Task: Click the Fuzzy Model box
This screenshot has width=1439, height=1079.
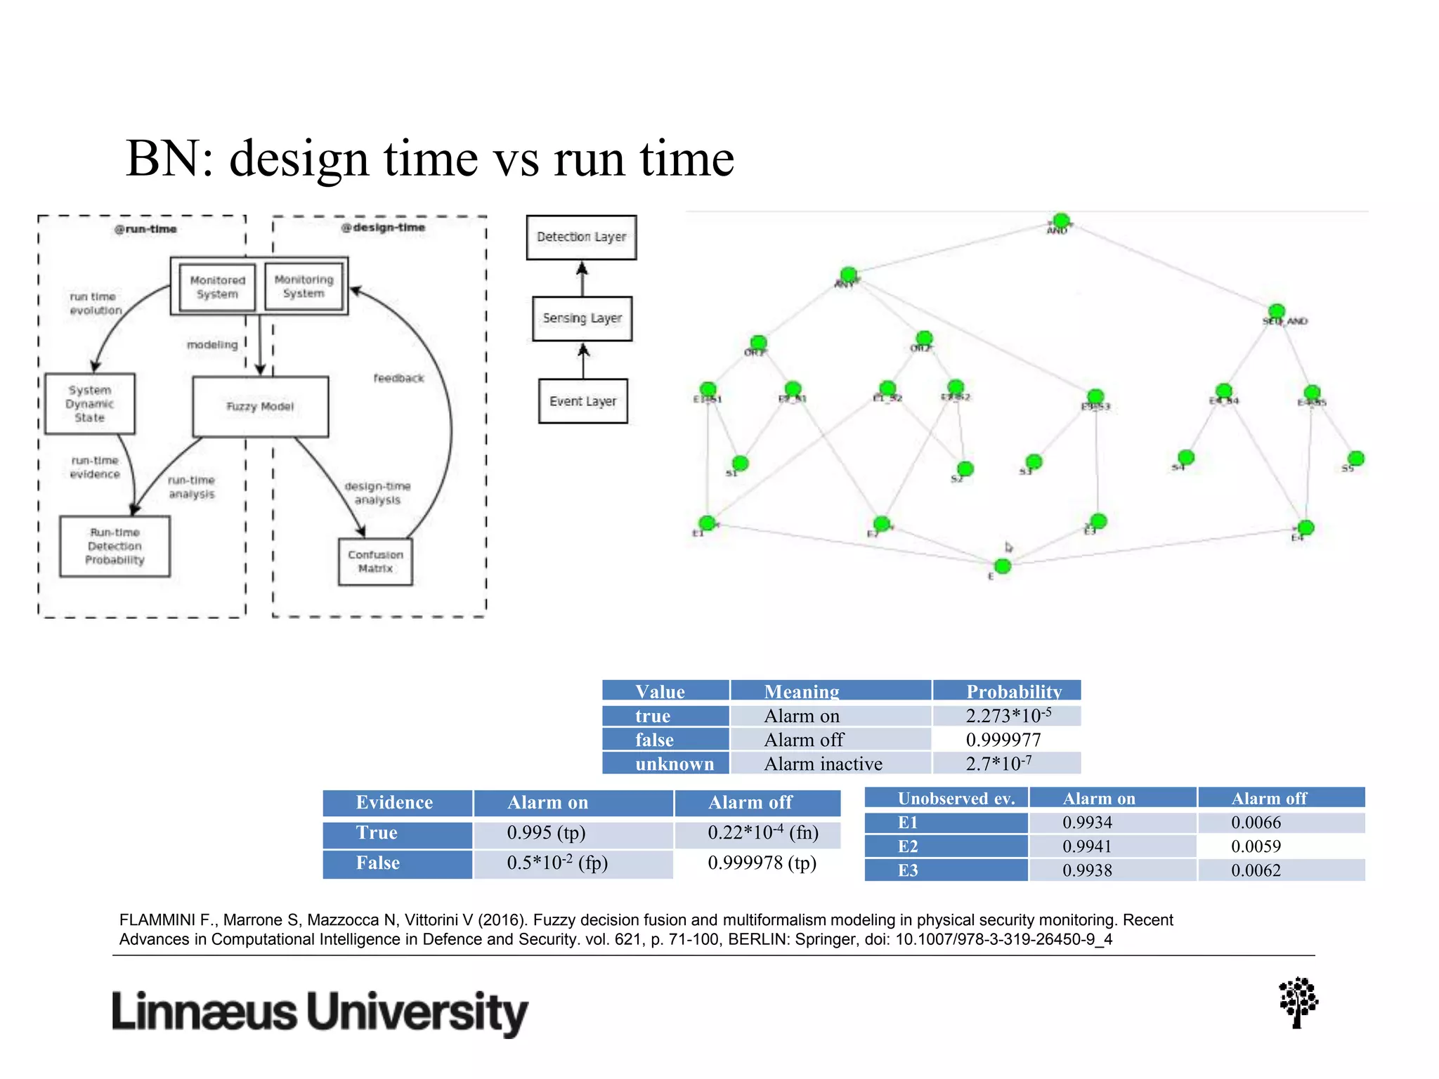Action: [x=260, y=407]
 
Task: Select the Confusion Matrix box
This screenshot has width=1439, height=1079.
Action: [x=375, y=561]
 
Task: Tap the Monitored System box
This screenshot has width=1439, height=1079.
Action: [x=217, y=287]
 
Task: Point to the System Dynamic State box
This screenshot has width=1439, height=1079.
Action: [x=90, y=404]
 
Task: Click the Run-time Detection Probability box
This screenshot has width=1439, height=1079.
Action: [x=115, y=547]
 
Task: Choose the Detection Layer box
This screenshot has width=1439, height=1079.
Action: [x=581, y=237]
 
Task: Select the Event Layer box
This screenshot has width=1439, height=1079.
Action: [x=582, y=401]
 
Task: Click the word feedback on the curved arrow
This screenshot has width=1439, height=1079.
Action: [x=398, y=379]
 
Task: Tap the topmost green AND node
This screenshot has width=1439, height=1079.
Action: [x=1061, y=221]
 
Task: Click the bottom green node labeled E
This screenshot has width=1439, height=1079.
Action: [x=1003, y=566]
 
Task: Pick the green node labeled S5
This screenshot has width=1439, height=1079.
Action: [x=1356, y=459]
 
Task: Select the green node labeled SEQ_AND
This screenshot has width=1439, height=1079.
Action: [x=1277, y=311]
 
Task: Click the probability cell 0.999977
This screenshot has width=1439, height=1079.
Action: [x=1003, y=740]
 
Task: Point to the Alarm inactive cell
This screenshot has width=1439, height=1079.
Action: [x=823, y=764]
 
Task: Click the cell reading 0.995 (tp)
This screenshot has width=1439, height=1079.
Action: [x=546, y=833]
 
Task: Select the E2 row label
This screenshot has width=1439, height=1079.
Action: [x=908, y=846]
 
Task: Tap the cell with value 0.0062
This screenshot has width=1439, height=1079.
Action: [x=1256, y=870]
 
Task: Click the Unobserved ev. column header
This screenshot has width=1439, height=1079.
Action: [x=956, y=799]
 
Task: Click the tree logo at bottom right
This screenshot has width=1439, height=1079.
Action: [x=1298, y=1002]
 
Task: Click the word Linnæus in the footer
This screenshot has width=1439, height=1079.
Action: [x=204, y=1013]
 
